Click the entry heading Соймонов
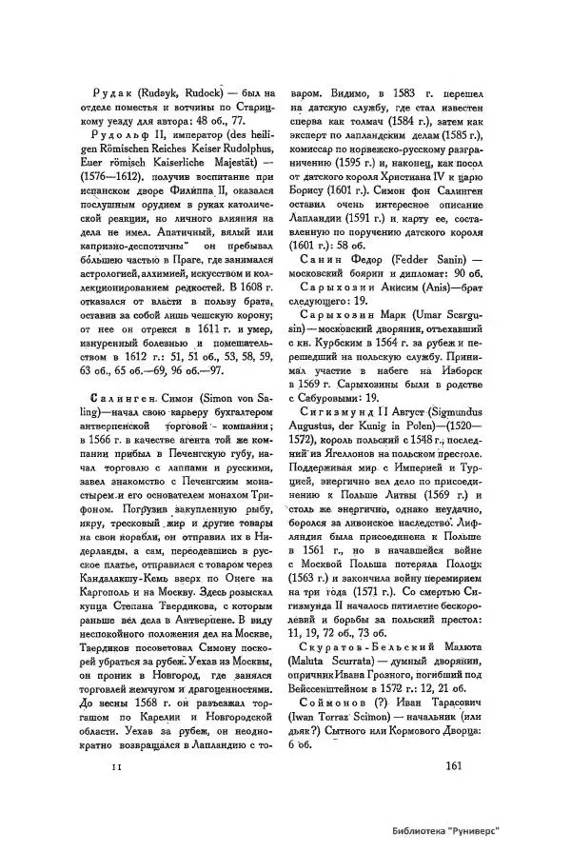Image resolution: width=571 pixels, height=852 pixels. point(332,680)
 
